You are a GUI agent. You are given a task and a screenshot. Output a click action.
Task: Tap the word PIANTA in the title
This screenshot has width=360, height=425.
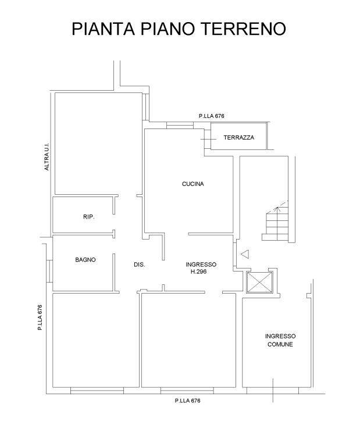(104, 28)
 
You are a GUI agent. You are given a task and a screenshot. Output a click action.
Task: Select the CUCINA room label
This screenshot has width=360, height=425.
(193, 184)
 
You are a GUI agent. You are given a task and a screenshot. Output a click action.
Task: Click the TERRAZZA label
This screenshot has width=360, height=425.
(239, 137)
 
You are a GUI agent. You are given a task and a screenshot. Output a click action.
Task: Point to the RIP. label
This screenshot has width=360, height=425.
(89, 217)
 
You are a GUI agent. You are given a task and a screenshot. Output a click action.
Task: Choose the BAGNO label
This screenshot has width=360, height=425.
(85, 260)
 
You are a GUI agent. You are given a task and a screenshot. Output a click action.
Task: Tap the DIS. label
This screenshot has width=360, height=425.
(140, 265)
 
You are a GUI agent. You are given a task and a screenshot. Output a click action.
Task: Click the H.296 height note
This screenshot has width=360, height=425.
(199, 272)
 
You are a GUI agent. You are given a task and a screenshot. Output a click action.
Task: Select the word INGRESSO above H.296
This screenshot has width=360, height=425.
(201, 265)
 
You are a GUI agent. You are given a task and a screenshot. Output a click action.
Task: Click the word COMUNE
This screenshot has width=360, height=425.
(280, 345)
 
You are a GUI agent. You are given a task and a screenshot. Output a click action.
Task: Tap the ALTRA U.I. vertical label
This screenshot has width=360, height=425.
(47, 156)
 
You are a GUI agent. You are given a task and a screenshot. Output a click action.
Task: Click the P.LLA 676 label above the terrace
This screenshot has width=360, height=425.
(212, 116)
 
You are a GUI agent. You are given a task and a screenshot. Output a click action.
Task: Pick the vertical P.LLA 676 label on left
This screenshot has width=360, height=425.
(40, 317)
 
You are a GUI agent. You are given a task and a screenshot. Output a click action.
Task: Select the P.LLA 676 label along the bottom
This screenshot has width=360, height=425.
(188, 401)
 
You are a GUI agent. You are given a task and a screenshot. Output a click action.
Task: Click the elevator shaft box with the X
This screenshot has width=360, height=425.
(260, 283)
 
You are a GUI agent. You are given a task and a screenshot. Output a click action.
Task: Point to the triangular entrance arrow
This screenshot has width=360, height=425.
(245, 254)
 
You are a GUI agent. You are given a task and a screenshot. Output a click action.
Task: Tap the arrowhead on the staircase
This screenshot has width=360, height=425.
(276, 209)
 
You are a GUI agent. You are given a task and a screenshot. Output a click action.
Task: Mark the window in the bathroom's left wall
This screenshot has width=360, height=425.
(49, 271)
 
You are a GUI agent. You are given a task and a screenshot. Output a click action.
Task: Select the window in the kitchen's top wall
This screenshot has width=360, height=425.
(180, 125)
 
